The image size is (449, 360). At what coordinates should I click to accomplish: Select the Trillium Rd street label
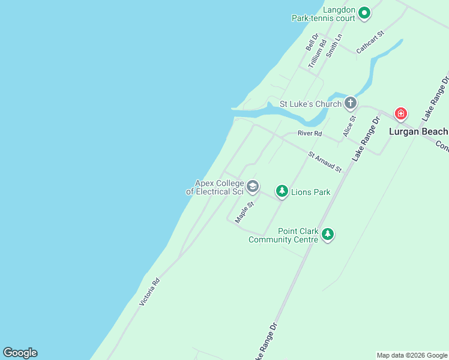[x=317, y=53]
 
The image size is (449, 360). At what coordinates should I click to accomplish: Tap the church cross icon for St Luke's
[x=351, y=103]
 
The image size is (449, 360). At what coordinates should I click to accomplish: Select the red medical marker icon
[x=400, y=113]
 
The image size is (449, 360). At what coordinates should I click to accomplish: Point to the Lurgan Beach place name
[x=418, y=131]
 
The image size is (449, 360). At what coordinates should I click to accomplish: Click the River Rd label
[x=310, y=133]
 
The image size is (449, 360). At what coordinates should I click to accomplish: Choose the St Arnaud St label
[x=325, y=163]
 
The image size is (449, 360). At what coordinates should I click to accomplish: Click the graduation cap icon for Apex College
[x=253, y=187]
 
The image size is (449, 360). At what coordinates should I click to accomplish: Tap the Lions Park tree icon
[x=282, y=191]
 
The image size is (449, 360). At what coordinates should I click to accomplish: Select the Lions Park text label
[x=310, y=193]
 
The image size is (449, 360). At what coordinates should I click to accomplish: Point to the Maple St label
[x=245, y=212]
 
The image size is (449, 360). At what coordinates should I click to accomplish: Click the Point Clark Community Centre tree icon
[x=327, y=234]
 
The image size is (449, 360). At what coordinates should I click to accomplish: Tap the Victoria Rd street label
[x=149, y=292]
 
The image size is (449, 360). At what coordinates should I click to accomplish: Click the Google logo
[x=20, y=353]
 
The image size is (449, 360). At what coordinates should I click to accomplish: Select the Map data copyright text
[x=412, y=355]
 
